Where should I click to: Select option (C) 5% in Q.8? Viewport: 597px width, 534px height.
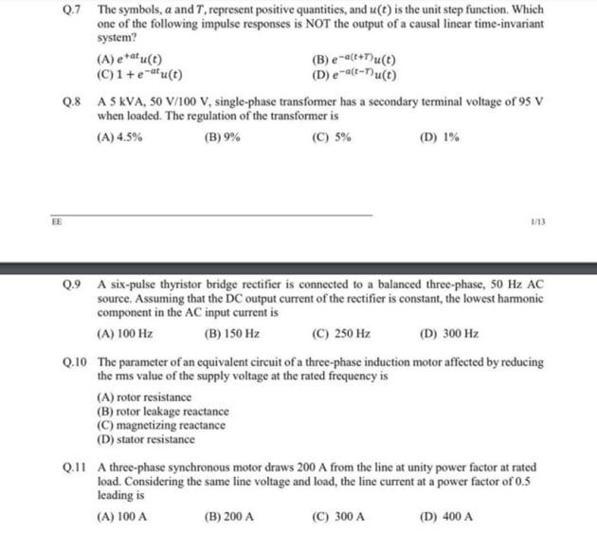tap(331, 137)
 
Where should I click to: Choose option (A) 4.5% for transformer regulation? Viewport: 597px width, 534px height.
tap(120, 137)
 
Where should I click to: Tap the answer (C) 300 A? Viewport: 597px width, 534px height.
tap(337, 518)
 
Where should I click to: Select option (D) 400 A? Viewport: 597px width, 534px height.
tap(444, 518)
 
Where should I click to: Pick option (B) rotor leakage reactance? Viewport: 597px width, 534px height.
tap(162, 411)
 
